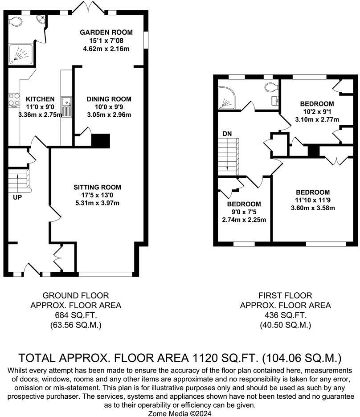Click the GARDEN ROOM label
click(x=106, y=33)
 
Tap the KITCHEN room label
click(x=40, y=99)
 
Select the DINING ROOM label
click(x=109, y=99)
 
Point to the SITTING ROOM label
click(x=97, y=187)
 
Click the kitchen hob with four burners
click(x=14, y=100)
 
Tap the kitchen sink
click(x=66, y=107)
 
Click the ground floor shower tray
click(x=21, y=54)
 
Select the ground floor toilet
click(x=15, y=20)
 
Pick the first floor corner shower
click(x=226, y=98)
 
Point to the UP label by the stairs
click(x=17, y=198)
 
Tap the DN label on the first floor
click(x=227, y=134)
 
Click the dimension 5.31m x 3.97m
click(x=97, y=203)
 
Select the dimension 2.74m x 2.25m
click(x=244, y=220)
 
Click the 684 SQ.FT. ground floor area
click(x=76, y=315)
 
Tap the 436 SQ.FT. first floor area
click(x=285, y=315)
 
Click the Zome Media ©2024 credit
click(x=180, y=413)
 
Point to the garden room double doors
click(x=88, y=8)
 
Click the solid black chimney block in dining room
click(x=101, y=141)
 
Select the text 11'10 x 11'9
click(x=313, y=200)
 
